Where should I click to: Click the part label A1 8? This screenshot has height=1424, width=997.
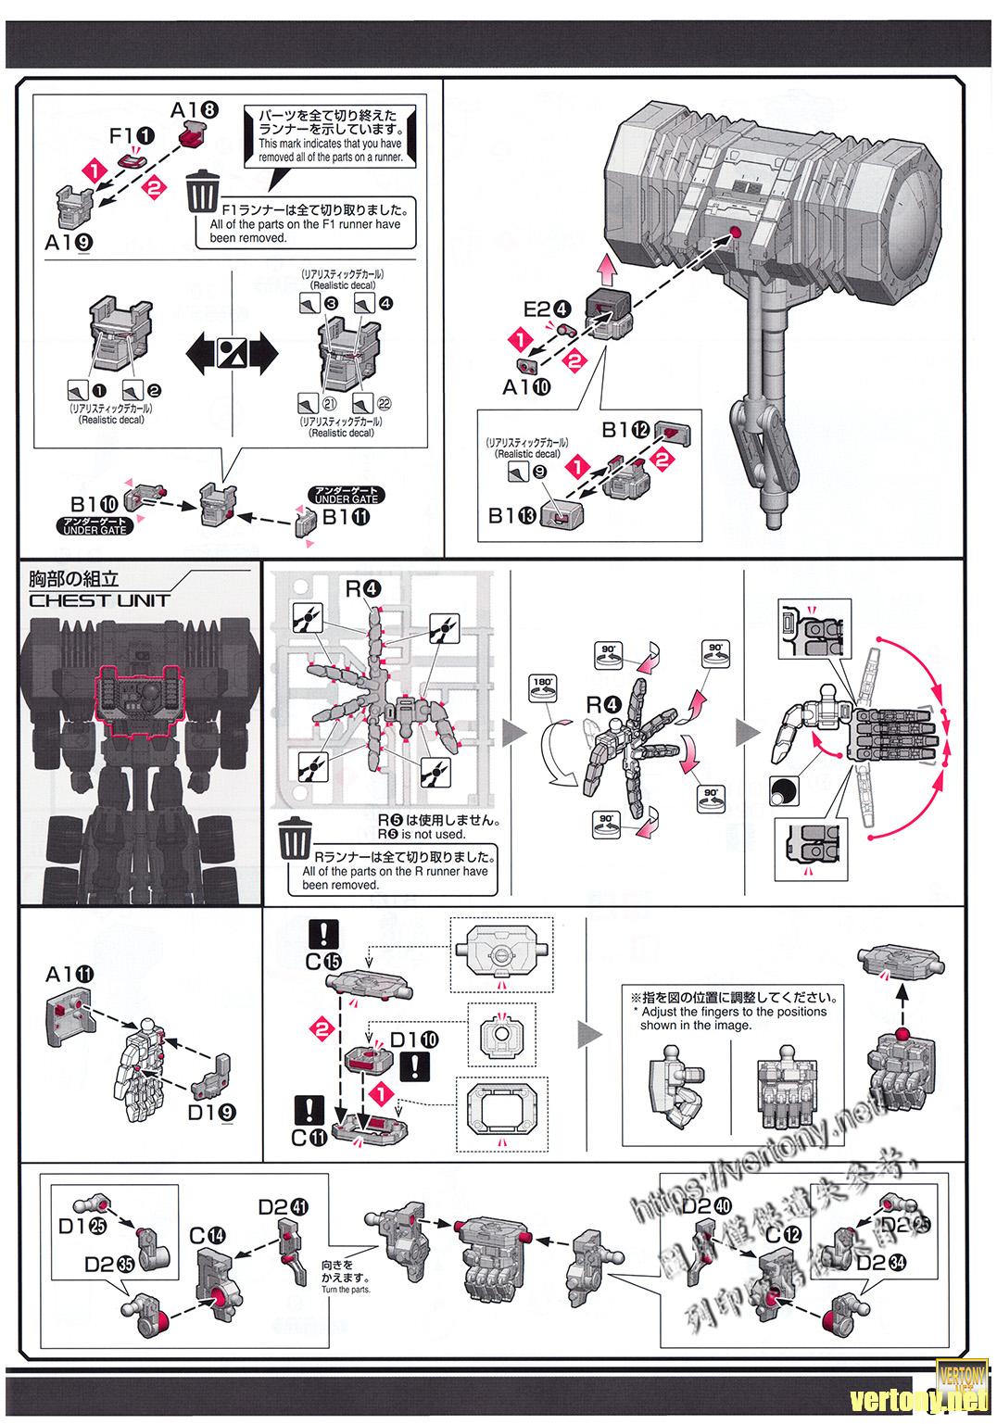tap(194, 109)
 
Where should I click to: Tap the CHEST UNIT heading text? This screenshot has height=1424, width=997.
tap(99, 600)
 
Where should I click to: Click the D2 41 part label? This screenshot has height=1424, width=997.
tap(283, 1205)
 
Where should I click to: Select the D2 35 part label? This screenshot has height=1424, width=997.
tap(108, 1264)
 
